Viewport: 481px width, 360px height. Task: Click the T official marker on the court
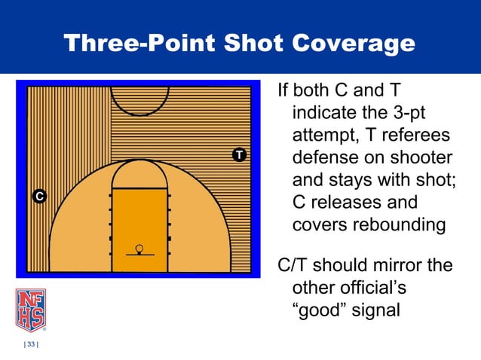[239, 155]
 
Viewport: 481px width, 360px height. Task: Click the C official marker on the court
[39, 197]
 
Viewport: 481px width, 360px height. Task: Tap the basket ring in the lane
[139, 248]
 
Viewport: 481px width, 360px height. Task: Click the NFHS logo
[30, 310]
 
